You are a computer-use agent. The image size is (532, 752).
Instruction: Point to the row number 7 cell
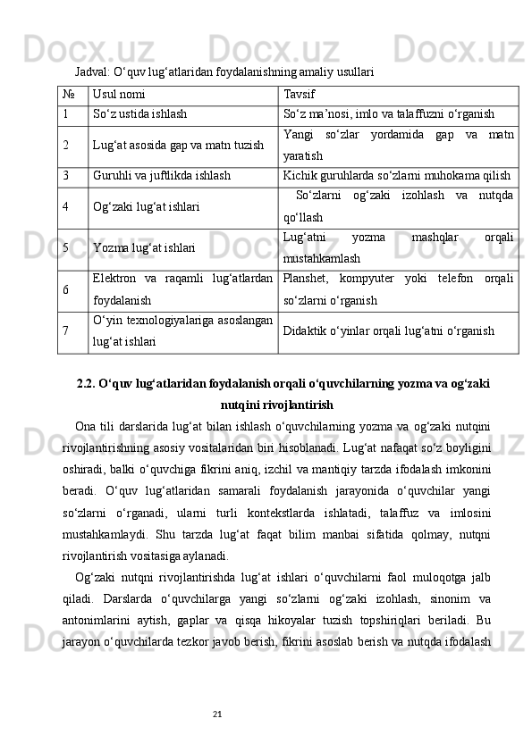pos(67,330)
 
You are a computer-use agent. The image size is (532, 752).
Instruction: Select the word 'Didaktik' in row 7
pos(304,330)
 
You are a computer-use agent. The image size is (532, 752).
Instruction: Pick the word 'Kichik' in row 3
pos(300,176)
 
